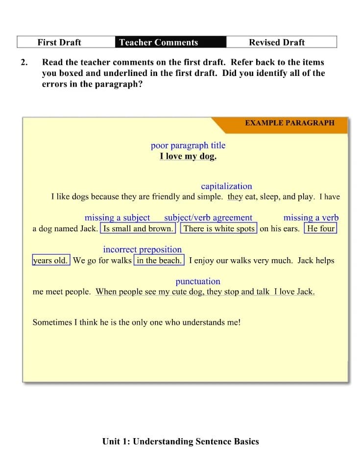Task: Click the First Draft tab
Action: (59, 42)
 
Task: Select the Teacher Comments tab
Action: (159, 42)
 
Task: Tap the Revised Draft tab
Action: (277, 42)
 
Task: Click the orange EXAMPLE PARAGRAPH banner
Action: (289, 123)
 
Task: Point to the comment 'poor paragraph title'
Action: (188, 146)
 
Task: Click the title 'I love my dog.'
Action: (188, 157)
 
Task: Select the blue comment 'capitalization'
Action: (226, 186)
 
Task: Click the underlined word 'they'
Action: (235, 197)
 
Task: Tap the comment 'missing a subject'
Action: (117, 218)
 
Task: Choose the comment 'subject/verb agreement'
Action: (208, 218)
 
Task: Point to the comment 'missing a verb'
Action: (311, 218)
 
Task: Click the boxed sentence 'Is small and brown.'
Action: (138, 229)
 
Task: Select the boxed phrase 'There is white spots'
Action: (219, 229)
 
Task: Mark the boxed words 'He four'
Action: (320, 229)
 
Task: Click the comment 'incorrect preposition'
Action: (142, 250)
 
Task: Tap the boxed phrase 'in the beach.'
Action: (159, 261)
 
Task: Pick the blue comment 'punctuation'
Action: (198, 282)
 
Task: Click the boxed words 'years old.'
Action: (51, 261)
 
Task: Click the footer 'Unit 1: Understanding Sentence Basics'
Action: (180, 442)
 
